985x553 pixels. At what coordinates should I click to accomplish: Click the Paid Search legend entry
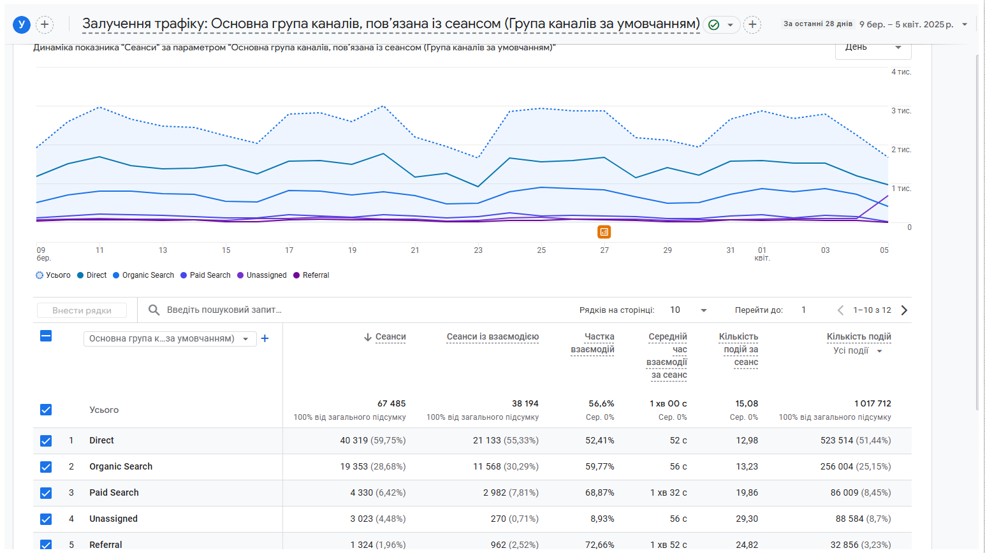click(205, 275)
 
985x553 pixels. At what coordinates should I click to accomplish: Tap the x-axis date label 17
click(289, 250)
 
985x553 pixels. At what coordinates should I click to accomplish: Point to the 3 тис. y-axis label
click(901, 111)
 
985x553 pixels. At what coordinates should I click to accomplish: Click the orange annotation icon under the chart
click(604, 232)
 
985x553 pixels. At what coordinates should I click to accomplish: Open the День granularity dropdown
click(873, 48)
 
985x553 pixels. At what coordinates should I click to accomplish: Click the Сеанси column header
click(390, 337)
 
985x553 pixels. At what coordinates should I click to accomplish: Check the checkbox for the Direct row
click(46, 440)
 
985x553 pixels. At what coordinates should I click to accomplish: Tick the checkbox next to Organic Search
click(46, 466)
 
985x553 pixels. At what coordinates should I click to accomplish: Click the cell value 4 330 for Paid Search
click(359, 492)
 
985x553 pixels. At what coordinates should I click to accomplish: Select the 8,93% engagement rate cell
click(602, 519)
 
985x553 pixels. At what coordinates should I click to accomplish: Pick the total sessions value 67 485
click(391, 403)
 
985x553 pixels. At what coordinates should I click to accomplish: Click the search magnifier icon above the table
click(154, 310)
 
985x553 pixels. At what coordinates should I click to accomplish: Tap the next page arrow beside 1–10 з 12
click(904, 310)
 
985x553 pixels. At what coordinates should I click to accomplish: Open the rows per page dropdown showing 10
click(688, 310)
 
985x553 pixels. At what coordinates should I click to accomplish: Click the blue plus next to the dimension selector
click(265, 338)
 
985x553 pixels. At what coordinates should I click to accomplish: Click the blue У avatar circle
click(22, 25)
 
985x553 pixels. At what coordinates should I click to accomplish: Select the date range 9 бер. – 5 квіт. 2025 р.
click(907, 25)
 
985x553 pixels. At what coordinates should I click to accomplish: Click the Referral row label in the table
click(106, 545)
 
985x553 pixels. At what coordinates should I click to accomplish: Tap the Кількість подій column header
click(859, 337)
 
